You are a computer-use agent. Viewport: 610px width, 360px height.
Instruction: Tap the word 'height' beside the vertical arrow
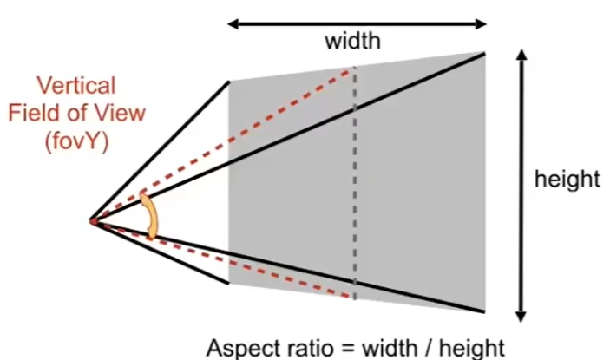click(567, 180)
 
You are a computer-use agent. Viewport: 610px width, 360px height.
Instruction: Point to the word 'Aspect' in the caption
click(246, 346)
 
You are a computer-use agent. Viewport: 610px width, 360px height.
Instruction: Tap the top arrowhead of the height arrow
click(521, 55)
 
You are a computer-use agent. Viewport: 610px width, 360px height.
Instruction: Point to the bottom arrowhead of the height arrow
click(521, 317)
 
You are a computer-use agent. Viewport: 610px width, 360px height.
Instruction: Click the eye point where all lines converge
click(92, 221)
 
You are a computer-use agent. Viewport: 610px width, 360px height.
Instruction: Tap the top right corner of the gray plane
click(484, 53)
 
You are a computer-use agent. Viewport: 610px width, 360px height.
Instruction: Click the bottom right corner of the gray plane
click(484, 311)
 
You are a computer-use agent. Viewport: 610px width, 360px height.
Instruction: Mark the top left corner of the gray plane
click(229, 82)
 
